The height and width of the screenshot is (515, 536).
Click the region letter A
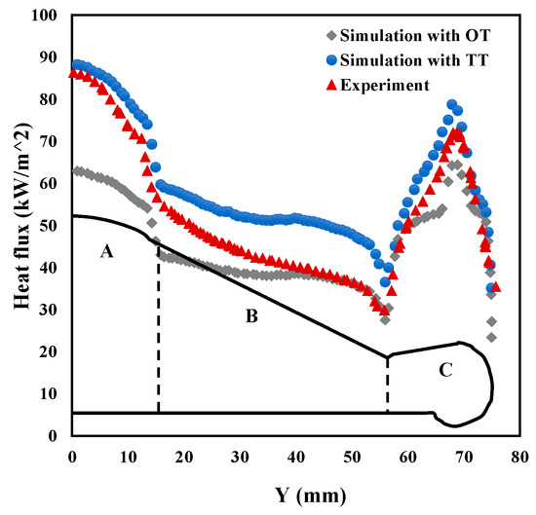click(x=107, y=251)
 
